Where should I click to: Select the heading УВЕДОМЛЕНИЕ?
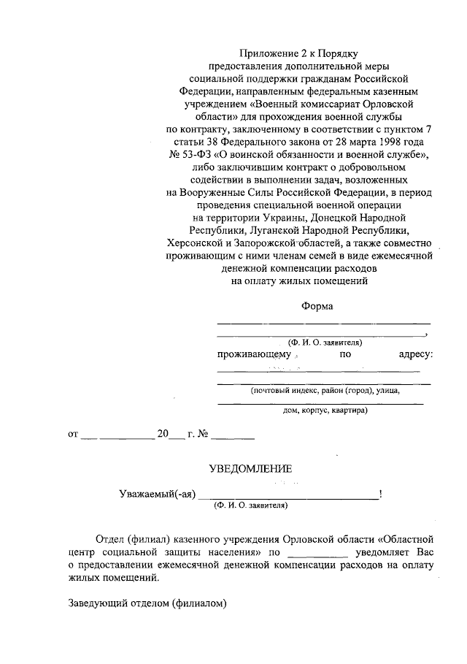[x=250, y=468]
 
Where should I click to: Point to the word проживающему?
[x=254, y=354]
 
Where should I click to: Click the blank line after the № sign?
[x=233, y=437]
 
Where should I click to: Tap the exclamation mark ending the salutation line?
[x=381, y=494]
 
